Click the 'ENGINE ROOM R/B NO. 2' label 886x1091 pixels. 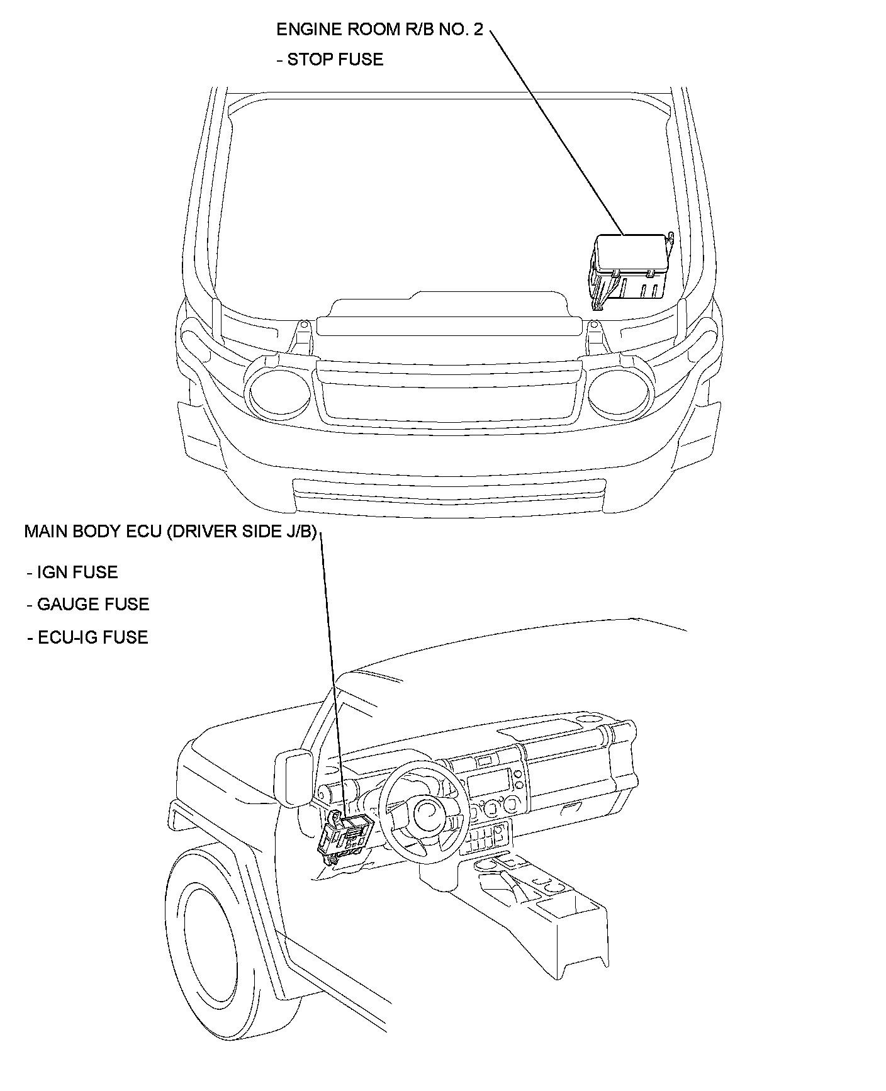pyautogui.click(x=379, y=30)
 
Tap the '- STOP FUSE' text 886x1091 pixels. pyautogui.click(x=330, y=60)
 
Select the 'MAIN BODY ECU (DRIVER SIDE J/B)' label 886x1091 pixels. pyautogui.click(x=170, y=532)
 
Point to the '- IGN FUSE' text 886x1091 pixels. pyautogui.click(x=72, y=573)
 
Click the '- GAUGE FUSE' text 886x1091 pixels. pyautogui.click(x=88, y=605)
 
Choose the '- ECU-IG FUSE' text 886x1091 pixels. pyautogui.click(x=87, y=637)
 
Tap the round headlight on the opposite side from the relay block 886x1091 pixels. pyautogui.click(x=279, y=393)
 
